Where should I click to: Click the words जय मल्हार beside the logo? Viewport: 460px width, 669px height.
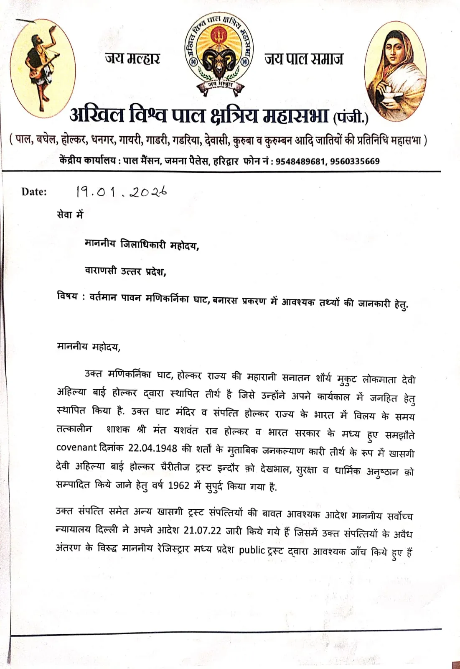coord(132,58)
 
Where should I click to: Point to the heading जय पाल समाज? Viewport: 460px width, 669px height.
coord(304,59)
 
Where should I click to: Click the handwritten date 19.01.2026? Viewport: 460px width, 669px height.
coord(121,192)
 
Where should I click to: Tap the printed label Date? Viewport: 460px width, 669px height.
coord(34,192)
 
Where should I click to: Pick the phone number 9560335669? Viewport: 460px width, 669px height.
coord(355,161)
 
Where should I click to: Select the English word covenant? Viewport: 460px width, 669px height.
coord(76,447)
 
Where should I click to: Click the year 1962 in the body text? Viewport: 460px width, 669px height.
coord(179,485)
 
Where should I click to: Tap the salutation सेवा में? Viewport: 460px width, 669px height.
coord(70,214)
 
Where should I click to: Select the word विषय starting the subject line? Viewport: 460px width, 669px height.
coord(68,296)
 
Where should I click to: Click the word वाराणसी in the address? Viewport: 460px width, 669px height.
coord(101,271)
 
